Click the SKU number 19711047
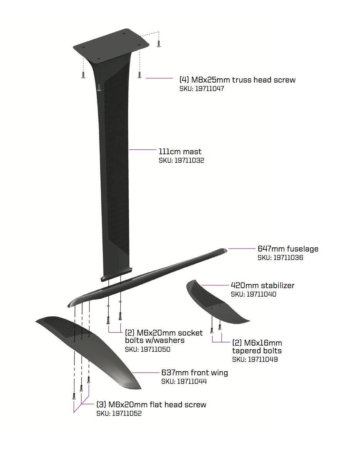coord(210,89)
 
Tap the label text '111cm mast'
coord(180,152)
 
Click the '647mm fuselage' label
coord(288,249)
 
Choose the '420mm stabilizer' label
coord(263,285)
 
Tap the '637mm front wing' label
coord(195,373)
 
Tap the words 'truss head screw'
coord(264,80)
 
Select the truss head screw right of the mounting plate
coord(158,43)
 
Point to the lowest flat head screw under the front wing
coord(74,396)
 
